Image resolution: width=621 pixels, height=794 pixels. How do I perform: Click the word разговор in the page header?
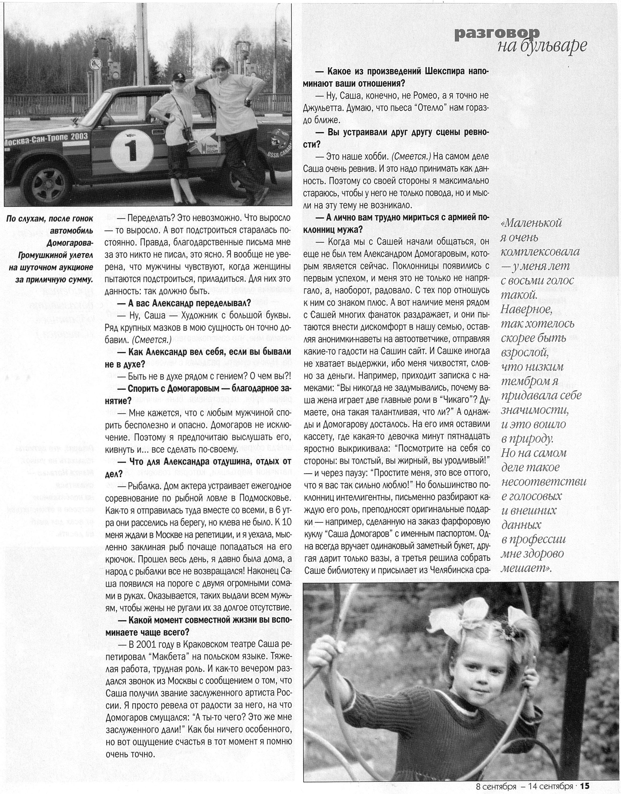[x=497, y=34]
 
